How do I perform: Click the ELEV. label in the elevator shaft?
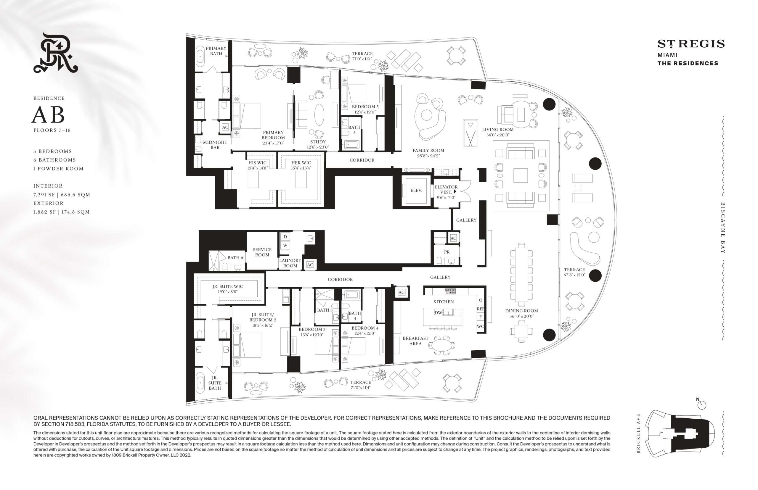coord(416,190)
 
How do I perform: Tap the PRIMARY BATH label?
coord(216,51)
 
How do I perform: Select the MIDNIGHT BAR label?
coord(215,145)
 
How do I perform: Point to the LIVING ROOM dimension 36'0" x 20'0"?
coord(498,135)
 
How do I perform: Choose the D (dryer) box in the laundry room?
coord(285,236)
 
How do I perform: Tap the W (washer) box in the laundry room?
coord(285,245)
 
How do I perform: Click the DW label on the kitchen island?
coord(438,313)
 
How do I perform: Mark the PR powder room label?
coord(447,252)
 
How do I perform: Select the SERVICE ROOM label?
coord(262,252)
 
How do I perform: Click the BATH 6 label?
coord(235,258)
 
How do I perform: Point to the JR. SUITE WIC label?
coord(227,287)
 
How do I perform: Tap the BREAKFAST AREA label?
coord(415,341)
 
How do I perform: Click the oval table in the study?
coord(319,115)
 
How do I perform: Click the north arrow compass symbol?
coord(701,405)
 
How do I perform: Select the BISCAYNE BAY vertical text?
coord(723,228)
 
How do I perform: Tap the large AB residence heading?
coord(48,115)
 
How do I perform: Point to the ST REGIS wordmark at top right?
coord(691,44)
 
